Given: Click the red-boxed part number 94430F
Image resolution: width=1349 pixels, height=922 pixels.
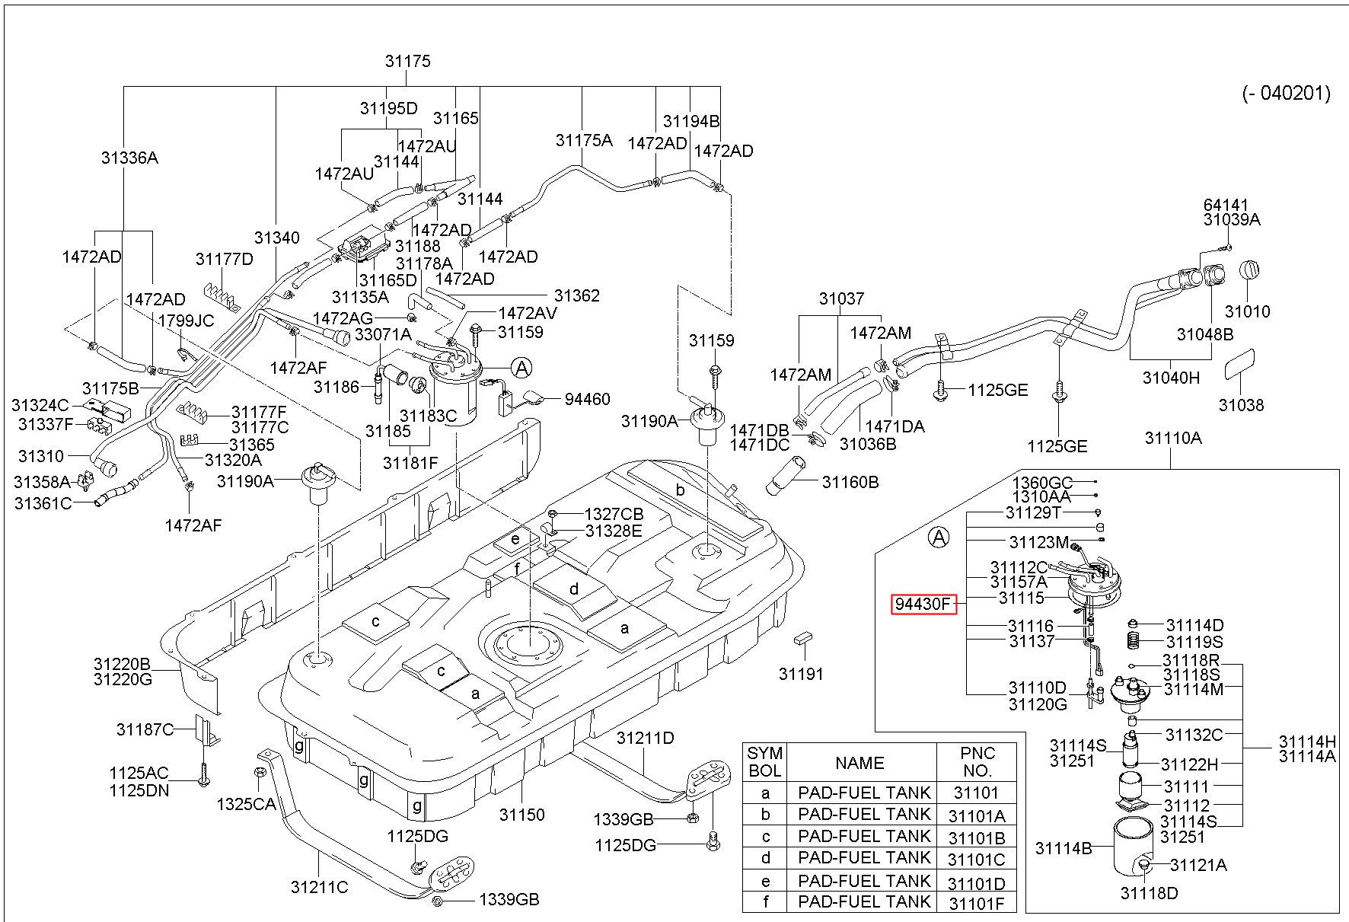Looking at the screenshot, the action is (923, 605).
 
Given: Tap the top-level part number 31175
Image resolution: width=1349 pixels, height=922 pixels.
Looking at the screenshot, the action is (408, 61).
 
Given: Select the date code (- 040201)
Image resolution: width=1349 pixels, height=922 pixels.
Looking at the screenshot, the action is (1287, 94).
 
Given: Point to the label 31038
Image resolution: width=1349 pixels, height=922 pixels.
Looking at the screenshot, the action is (1241, 405).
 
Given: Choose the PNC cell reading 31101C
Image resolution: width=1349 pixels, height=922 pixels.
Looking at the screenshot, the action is (976, 860).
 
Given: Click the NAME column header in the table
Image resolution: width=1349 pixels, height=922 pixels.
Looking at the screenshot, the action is (859, 763).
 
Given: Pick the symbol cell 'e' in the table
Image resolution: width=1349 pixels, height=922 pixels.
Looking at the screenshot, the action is (765, 881).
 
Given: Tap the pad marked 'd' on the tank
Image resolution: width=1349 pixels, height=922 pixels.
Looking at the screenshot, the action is (575, 589).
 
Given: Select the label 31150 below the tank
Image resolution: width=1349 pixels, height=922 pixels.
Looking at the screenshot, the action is (522, 815).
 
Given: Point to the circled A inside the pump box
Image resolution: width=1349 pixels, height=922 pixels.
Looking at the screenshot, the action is (940, 538).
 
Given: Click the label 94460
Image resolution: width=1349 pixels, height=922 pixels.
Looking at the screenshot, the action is (587, 399).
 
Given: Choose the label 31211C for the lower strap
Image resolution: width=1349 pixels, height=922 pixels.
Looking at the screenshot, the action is (319, 887).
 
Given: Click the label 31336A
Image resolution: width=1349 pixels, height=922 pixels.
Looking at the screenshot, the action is (129, 158).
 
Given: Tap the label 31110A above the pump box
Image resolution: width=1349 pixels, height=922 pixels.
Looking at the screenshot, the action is (1173, 438).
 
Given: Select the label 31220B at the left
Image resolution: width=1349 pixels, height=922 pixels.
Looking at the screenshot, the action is (123, 664).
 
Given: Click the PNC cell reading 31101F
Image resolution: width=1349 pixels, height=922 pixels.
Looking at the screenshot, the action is (976, 903).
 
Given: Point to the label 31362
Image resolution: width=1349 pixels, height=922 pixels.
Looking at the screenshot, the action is (576, 295).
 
